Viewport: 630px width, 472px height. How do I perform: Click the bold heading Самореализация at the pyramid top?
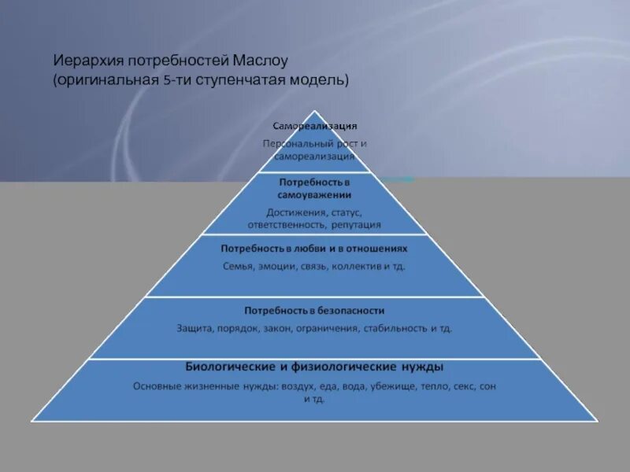pyautogui.click(x=315, y=126)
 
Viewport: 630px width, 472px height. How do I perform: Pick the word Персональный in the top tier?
pyautogui.click(x=295, y=144)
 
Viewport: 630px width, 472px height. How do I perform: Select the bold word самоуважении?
pyautogui.click(x=314, y=194)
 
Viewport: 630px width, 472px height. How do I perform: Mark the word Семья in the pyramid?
pyautogui.click(x=238, y=266)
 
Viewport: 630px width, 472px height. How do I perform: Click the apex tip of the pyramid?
pyautogui.click(x=315, y=110)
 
